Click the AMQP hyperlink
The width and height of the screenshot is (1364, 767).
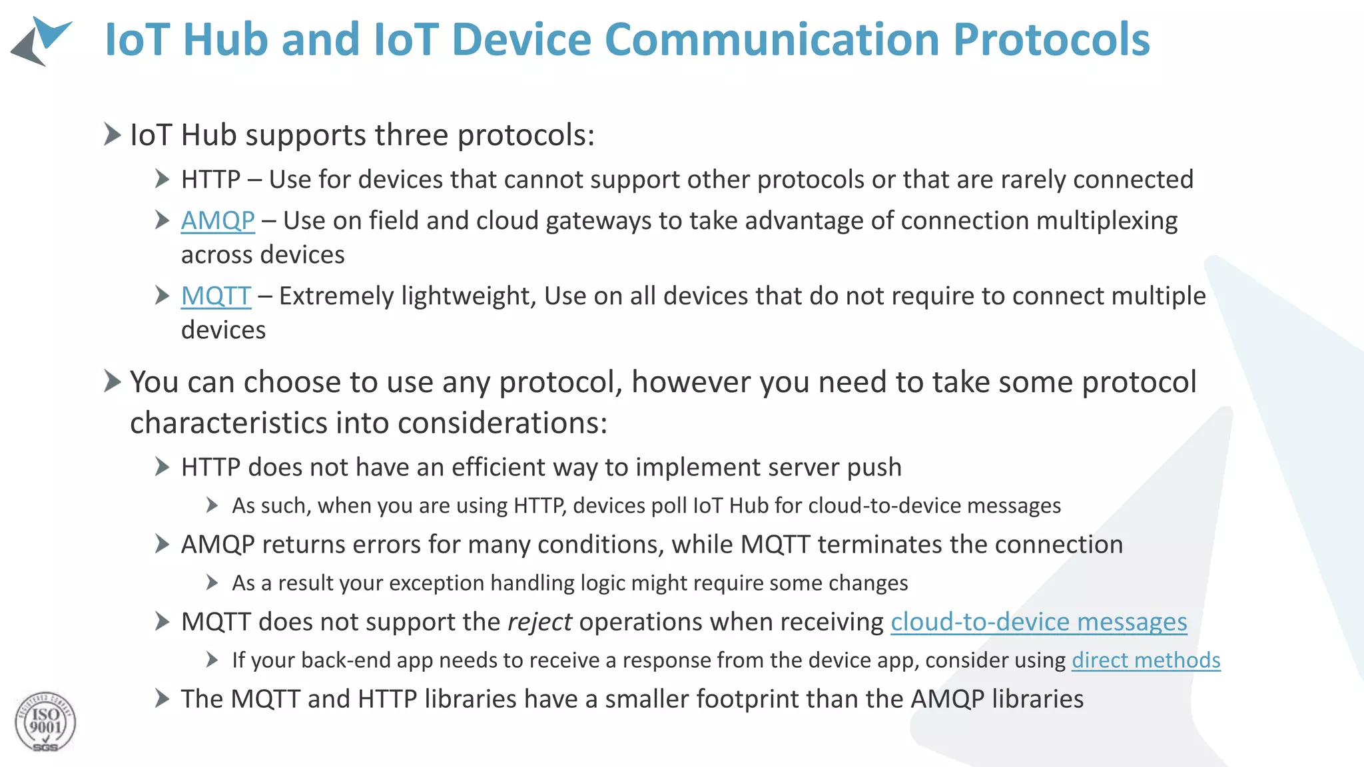(218, 220)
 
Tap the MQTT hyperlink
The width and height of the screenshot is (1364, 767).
(216, 296)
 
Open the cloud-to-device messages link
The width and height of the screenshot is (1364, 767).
(1038, 622)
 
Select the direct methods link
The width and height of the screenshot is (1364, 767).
(1146, 660)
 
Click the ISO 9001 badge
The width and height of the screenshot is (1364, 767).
(45, 722)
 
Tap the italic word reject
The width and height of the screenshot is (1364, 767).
(539, 622)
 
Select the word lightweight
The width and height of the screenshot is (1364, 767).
(469, 296)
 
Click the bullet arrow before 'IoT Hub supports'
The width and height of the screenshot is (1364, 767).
(113, 134)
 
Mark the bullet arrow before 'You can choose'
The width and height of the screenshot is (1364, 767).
(113, 382)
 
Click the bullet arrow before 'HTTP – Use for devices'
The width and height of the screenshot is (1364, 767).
(162, 178)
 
